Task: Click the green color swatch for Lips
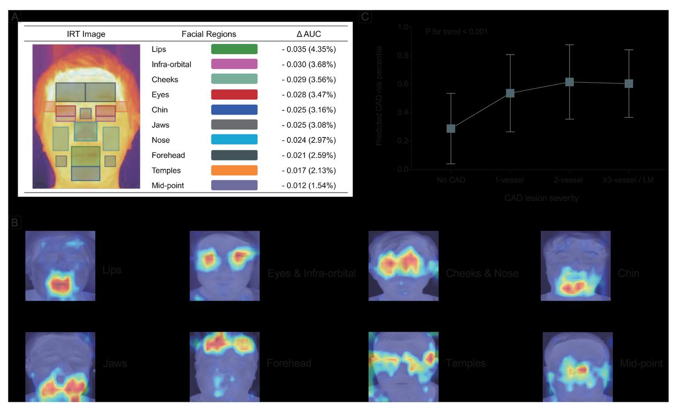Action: pyautogui.click(x=234, y=49)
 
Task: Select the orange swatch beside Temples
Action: pyautogui.click(x=234, y=170)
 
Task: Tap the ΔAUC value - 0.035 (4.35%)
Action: pyautogui.click(x=309, y=49)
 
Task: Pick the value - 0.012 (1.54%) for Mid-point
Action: pyautogui.click(x=309, y=186)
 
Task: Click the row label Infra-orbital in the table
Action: pyautogui.click(x=171, y=64)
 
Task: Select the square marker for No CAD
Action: pyautogui.click(x=451, y=128)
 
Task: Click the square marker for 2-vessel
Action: pyautogui.click(x=569, y=82)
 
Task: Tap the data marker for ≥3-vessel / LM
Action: pyautogui.click(x=629, y=83)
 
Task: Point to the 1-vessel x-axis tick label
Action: pyautogui.click(x=510, y=180)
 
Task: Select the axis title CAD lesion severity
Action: pyautogui.click(x=541, y=198)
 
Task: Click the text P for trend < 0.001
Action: pyautogui.click(x=456, y=32)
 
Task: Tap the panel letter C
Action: pyautogui.click(x=365, y=17)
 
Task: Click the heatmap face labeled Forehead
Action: pyautogui.click(x=225, y=367)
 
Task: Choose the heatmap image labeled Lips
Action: pyautogui.click(x=60, y=265)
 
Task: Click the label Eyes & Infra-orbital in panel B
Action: pyautogui.click(x=311, y=273)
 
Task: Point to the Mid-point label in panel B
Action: pyautogui.click(x=641, y=364)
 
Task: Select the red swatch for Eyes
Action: pyautogui.click(x=234, y=95)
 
